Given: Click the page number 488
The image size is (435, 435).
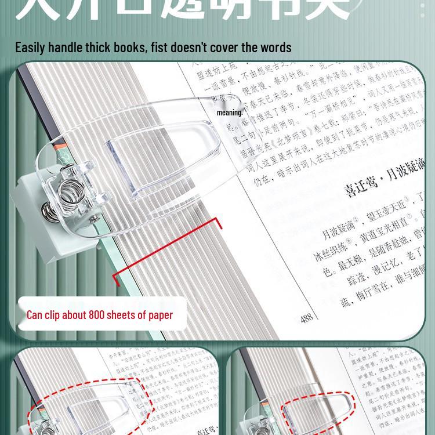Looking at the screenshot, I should [307, 318].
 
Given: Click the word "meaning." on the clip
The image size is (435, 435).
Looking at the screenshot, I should [230, 113].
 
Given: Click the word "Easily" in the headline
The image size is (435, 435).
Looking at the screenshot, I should [33, 47].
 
